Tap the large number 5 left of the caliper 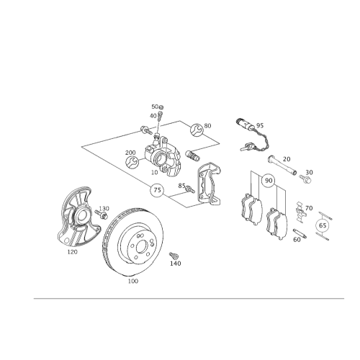131,158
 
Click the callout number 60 297,240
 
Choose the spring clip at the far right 323,223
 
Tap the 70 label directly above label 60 308,209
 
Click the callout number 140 174,263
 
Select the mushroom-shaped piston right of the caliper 209,179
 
